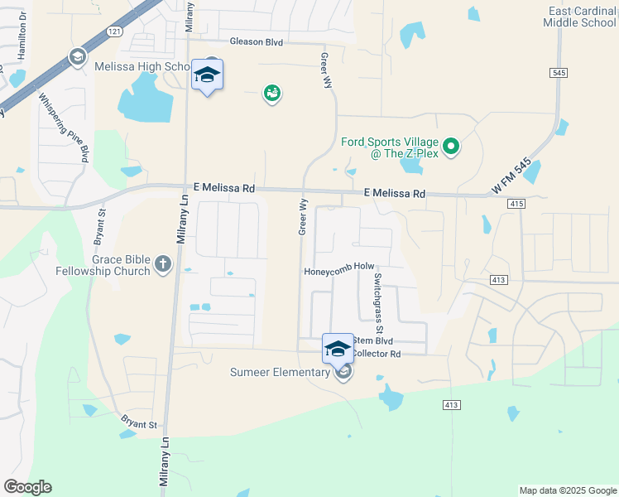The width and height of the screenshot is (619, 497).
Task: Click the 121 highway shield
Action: pyautogui.click(x=115, y=31)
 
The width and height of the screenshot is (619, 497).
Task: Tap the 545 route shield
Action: pyautogui.click(x=558, y=73)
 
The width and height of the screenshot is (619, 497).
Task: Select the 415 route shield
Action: pyautogui.click(x=517, y=203)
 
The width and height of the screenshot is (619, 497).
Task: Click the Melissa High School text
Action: pyautogui.click(x=142, y=66)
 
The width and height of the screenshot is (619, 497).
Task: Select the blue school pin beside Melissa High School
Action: pyautogui.click(x=207, y=78)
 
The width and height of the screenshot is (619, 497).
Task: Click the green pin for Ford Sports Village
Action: pyautogui.click(x=451, y=147)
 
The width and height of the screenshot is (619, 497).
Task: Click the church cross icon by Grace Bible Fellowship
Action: pyautogui.click(x=163, y=265)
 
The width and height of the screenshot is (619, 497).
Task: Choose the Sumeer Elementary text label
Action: pyautogui.click(x=280, y=372)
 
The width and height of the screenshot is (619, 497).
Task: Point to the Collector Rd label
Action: pyautogui.click(x=377, y=354)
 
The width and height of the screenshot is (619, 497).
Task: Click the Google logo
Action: pyautogui.click(x=27, y=487)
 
